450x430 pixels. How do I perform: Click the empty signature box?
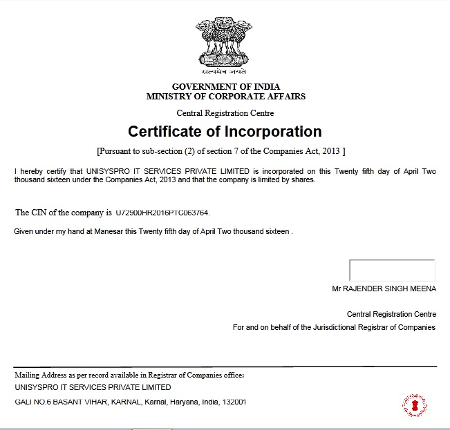(x=392, y=271)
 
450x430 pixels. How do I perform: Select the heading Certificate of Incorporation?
(x=225, y=131)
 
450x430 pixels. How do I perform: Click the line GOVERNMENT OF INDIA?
(x=226, y=86)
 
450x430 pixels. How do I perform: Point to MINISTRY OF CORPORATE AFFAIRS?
(x=226, y=97)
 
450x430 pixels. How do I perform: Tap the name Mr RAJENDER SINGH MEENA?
(x=384, y=289)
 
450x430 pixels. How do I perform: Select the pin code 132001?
(x=235, y=402)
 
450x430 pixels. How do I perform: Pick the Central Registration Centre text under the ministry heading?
(x=225, y=113)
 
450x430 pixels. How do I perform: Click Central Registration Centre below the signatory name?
(x=391, y=313)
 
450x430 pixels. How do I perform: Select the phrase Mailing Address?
(x=41, y=375)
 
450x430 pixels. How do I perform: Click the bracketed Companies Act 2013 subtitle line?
(x=221, y=150)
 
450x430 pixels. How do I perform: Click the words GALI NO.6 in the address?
(x=32, y=402)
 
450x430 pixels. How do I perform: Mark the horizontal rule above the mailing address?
(x=225, y=366)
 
